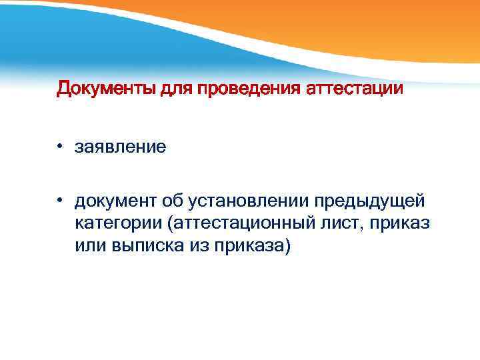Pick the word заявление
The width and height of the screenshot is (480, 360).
click(121, 147)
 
